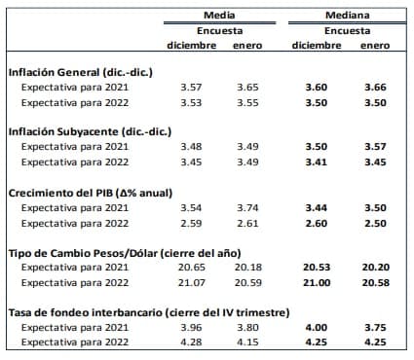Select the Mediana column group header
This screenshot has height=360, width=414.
(x=347, y=16)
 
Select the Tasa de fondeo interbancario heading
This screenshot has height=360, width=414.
(x=132, y=312)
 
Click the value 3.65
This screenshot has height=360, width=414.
(x=247, y=87)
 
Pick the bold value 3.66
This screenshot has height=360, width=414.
(x=375, y=87)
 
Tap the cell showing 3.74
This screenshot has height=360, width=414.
(x=247, y=208)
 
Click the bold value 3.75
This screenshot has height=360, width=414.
(x=375, y=328)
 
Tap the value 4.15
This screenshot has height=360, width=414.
(x=247, y=343)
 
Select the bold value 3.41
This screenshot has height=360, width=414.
(x=315, y=162)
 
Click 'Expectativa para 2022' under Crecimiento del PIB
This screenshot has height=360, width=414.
(x=75, y=223)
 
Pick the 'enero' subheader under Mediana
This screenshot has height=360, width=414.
(x=375, y=46)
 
